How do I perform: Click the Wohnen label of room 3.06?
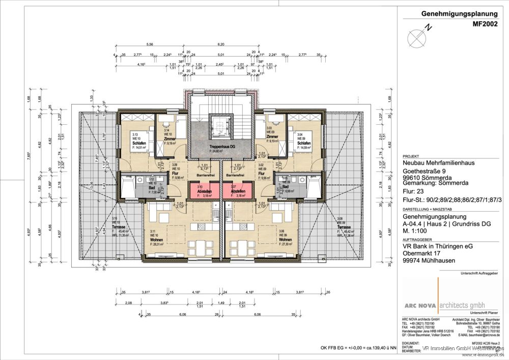[285, 239]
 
